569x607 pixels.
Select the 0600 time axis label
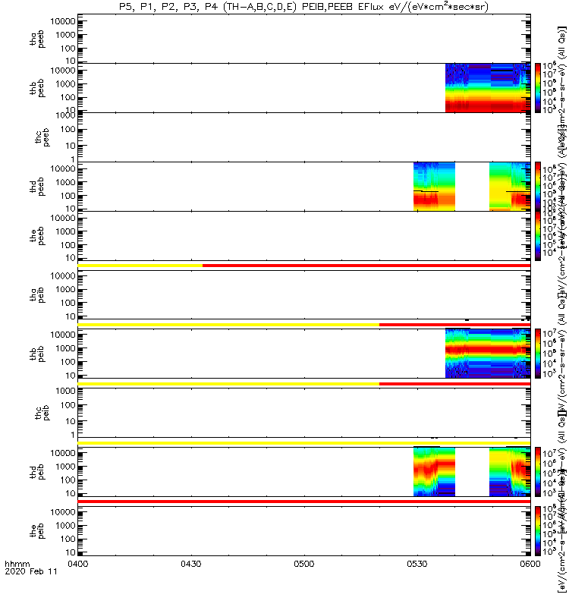pyautogui.click(x=529, y=586)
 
